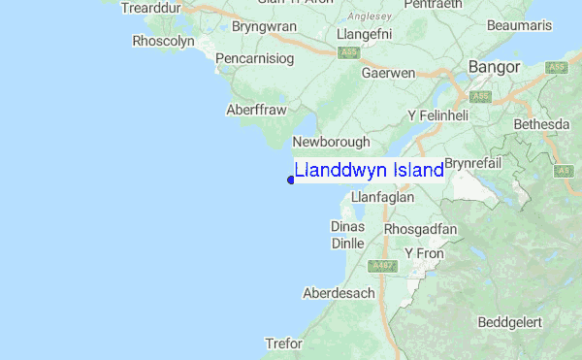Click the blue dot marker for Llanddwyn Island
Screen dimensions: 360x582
(291, 179)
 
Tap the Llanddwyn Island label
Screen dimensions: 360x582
(369, 170)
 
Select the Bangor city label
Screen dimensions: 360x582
(494, 67)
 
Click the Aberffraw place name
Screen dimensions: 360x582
(257, 111)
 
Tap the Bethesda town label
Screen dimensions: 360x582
(541, 125)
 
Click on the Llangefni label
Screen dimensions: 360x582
(361, 34)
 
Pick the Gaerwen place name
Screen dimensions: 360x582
(388, 73)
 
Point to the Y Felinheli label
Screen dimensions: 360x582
(437, 115)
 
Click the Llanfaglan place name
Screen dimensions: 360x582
(382, 197)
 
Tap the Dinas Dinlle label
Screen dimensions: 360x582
(347, 235)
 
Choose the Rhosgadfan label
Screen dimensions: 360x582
(420, 229)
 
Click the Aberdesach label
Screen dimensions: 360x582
(339, 293)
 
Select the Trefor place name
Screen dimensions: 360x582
(284, 344)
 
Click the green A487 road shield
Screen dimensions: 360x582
(383, 265)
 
